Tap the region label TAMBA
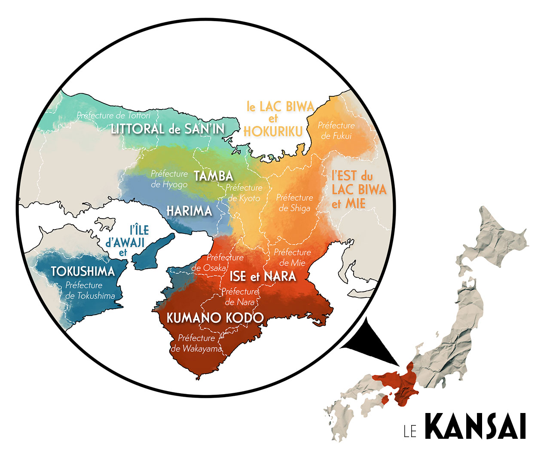[x=214, y=176]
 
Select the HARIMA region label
[x=189, y=211]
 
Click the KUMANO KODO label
[x=215, y=318]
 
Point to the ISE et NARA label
[x=263, y=276]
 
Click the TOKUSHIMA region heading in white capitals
[x=83, y=271]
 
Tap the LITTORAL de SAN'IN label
[x=168, y=129]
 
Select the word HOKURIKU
[x=273, y=131]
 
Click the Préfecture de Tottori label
[x=114, y=115]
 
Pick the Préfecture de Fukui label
[x=336, y=130]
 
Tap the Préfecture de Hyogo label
[x=169, y=179]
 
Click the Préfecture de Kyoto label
[x=244, y=193]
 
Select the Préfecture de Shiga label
[x=294, y=202]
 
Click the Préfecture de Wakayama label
[x=196, y=343]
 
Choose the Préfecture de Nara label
[x=240, y=297]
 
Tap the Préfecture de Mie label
[x=292, y=257]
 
